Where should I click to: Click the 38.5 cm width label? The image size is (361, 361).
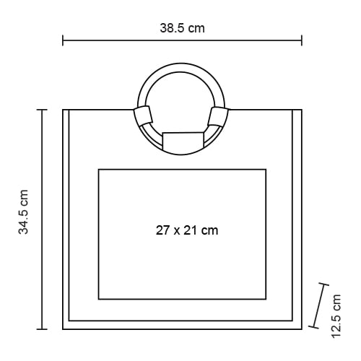(183, 28)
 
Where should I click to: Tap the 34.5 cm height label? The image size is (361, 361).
(24, 212)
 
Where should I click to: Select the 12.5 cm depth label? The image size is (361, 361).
(336, 316)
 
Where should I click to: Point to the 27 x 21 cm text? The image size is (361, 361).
(187, 230)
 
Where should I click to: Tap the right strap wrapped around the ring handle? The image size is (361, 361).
(218, 117)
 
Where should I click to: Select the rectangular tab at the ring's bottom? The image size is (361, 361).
(183, 141)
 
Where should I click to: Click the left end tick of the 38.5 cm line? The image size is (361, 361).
(63, 40)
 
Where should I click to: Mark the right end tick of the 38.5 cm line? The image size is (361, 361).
(302, 40)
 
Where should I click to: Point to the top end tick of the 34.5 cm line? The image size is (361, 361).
(42, 110)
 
